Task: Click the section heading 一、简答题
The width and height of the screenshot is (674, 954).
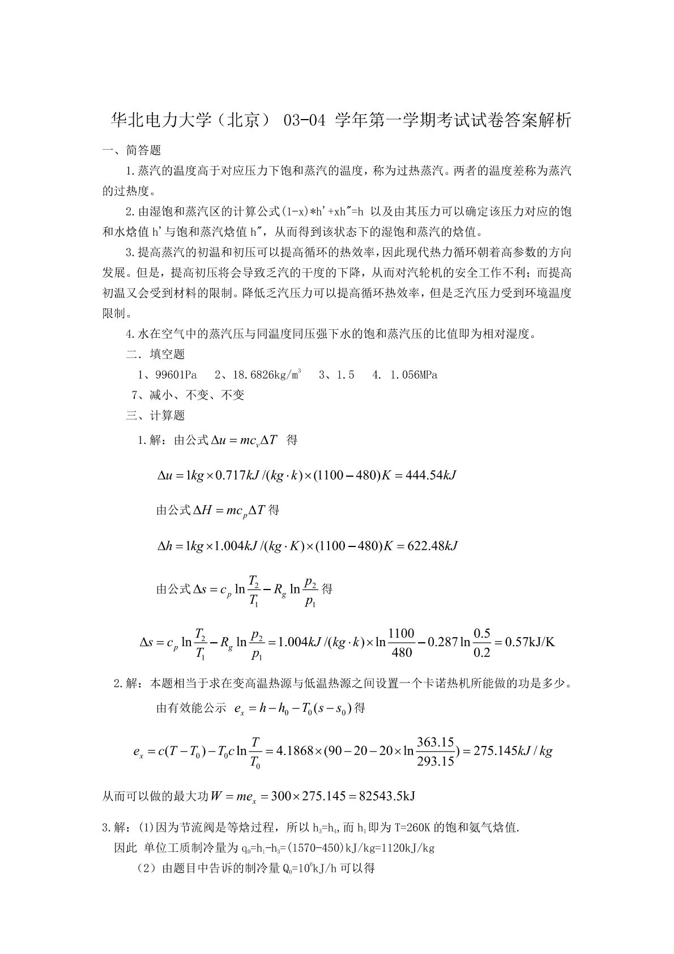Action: (131, 150)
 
